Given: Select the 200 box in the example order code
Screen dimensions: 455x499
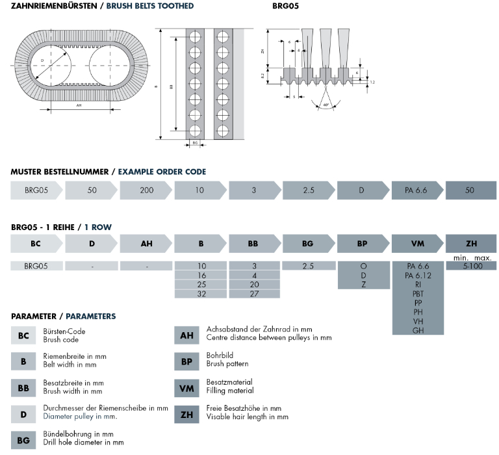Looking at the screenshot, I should (x=146, y=191).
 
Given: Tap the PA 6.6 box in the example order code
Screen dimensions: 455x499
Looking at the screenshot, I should (x=417, y=191).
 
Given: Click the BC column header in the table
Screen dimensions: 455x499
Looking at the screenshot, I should (x=37, y=244).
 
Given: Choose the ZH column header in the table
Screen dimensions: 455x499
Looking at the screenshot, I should (x=471, y=244).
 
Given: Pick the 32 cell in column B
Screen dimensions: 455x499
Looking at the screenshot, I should (x=201, y=294).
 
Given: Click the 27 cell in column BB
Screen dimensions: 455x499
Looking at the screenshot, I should (x=255, y=294).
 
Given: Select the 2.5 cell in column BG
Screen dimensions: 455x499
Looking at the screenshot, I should (x=309, y=266).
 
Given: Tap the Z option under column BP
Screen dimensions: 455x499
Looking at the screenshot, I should (x=363, y=285).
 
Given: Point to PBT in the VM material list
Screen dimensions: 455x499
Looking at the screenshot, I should (x=418, y=294).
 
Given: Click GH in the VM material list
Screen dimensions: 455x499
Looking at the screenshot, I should (x=418, y=330).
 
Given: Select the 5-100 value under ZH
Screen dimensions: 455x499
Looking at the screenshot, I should (x=471, y=266).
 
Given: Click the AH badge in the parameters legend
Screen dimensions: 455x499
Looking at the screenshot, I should (x=187, y=335).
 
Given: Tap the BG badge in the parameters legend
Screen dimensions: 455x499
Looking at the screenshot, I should (x=23, y=439).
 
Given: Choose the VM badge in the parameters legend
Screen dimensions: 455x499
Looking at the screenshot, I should (x=187, y=388).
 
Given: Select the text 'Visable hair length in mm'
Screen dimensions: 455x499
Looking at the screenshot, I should (x=248, y=417).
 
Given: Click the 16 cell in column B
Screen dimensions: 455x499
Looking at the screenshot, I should (x=201, y=276).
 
